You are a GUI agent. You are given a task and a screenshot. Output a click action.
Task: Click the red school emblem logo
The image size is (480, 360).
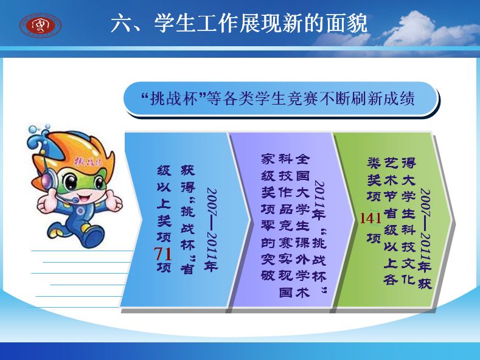[41, 25]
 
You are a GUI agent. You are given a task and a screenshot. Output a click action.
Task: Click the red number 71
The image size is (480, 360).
[162, 254]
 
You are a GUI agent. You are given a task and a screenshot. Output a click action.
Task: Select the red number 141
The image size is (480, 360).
[370, 218]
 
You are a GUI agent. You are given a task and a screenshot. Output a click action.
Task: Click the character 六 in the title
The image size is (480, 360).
[121, 23]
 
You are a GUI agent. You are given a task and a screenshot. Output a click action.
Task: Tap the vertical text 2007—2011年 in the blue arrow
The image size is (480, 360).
[211, 230]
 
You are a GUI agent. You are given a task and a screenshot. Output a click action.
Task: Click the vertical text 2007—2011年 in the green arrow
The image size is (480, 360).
[425, 230]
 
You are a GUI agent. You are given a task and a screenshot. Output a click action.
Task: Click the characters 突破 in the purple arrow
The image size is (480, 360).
[268, 267]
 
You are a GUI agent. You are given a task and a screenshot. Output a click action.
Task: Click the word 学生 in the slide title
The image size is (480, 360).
[175, 23]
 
